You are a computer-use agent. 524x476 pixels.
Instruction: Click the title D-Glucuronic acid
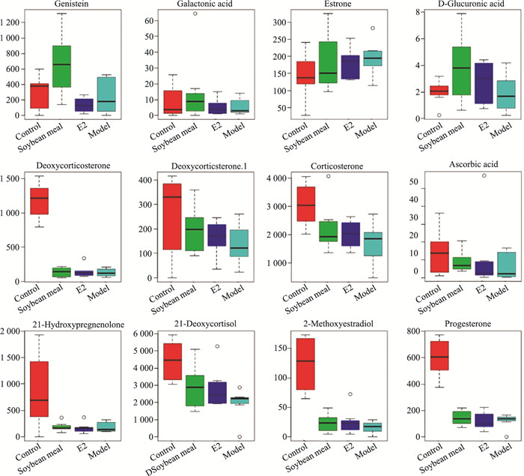[456, 5]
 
